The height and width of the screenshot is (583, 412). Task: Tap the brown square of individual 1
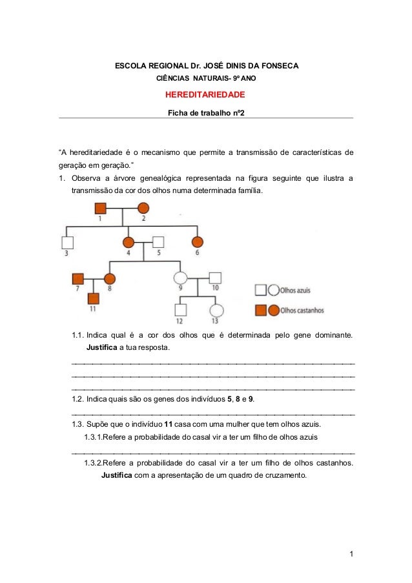(101, 208)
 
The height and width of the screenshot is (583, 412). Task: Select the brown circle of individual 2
(143, 208)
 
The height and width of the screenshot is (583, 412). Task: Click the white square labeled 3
(67, 242)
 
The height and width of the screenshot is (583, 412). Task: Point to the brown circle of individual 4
(129, 242)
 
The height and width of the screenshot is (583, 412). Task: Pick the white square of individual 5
(158, 242)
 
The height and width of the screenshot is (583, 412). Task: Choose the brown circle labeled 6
(198, 242)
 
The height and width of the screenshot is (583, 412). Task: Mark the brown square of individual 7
(79, 278)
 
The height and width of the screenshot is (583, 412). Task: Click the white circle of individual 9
(180, 278)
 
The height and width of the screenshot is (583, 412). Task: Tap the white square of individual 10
(216, 278)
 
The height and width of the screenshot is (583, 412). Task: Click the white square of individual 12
(180, 311)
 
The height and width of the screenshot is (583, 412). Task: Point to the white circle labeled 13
(216, 311)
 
